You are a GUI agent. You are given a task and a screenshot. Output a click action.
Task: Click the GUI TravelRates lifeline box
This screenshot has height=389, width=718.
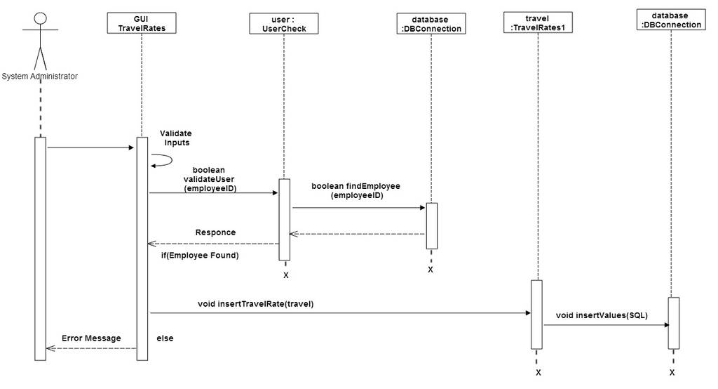click(x=142, y=23)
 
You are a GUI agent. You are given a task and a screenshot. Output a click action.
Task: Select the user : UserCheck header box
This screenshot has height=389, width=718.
click(x=284, y=23)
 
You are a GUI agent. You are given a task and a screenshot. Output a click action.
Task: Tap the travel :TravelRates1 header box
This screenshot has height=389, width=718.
click(x=538, y=22)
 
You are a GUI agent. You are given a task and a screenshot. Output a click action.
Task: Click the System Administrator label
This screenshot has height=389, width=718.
click(x=40, y=76)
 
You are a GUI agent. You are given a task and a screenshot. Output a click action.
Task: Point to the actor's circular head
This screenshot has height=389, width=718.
click(x=41, y=18)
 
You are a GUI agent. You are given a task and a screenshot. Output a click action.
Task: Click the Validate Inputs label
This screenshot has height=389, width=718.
click(x=176, y=138)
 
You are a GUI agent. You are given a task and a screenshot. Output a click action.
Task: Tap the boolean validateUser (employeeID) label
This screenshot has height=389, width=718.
click(x=209, y=179)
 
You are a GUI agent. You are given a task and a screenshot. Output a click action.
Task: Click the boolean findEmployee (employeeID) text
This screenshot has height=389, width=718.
click(x=356, y=190)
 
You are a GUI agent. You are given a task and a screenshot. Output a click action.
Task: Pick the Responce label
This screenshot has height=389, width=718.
click(x=216, y=232)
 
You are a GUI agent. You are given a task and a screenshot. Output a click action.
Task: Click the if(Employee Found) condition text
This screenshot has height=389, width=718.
click(x=200, y=255)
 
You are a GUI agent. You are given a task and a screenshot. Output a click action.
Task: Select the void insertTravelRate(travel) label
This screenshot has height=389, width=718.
click(x=255, y=303)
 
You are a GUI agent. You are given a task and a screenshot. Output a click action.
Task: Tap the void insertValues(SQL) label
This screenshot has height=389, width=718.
click(x=602, y=315)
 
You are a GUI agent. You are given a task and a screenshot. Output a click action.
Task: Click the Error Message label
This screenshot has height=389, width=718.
click(x=92, y=338)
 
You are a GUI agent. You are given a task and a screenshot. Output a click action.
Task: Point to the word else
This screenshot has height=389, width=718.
click(x=165, y=338)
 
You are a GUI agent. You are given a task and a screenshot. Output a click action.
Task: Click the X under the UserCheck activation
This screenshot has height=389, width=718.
click(x=286, y=275)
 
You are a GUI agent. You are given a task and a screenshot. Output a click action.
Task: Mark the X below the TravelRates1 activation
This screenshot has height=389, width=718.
click(x=538, y=372)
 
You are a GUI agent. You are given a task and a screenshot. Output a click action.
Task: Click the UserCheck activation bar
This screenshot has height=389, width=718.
click(x=285, y=220)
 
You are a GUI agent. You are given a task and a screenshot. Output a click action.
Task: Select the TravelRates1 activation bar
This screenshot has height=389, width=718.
click(x=536, y=315)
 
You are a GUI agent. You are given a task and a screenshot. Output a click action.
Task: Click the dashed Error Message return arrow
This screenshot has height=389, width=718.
click(x=92, y=348)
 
